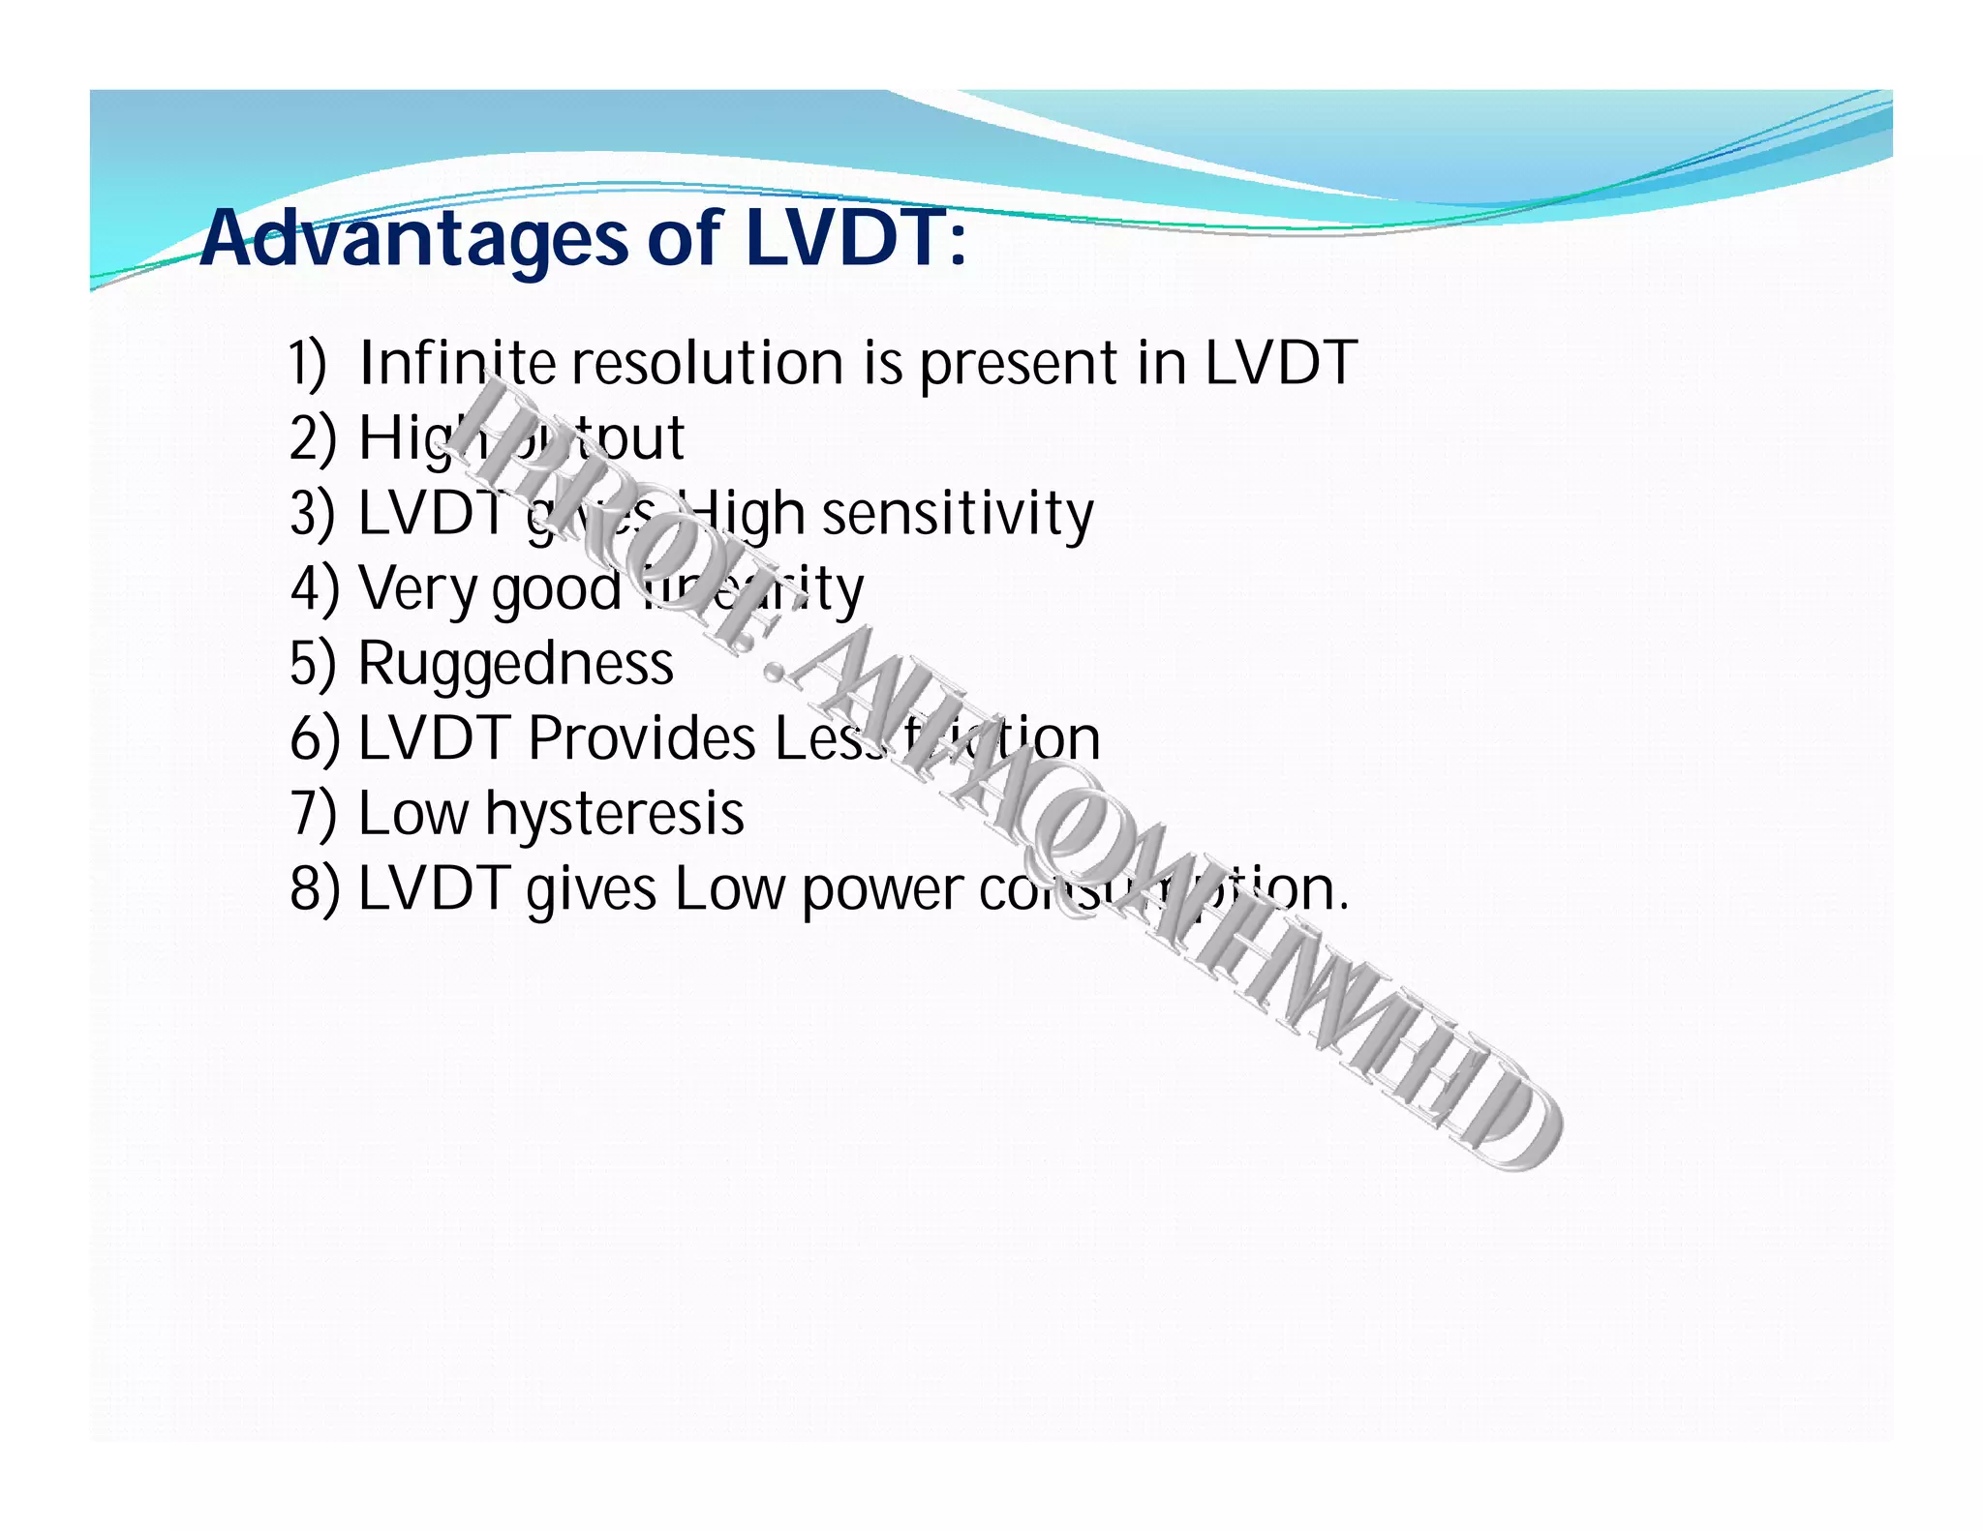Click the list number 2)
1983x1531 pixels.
click(313, 438)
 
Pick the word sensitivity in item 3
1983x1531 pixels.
click(958, 514)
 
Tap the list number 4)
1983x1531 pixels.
click(315, 588)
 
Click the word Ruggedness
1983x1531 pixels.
click(515, 664)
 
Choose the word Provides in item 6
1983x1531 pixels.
click(642, 739)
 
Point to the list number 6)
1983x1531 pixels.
click(315, 739)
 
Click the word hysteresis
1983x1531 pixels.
click(615, 815)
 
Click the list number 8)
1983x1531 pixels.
click(315, 889)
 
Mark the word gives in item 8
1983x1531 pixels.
click(591, 891)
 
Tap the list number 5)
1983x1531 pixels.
click(313, 664)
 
